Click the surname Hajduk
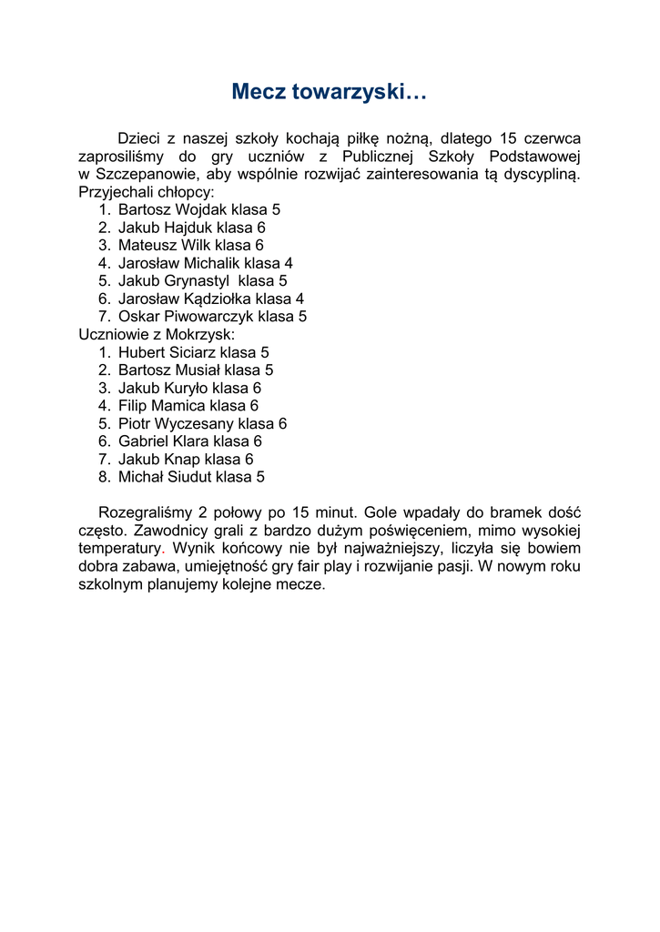[x=189, y=228]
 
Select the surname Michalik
[x=208, y=263]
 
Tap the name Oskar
[x=139, y=317]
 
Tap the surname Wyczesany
[x=193, y=423]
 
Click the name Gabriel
[x=146, y=441]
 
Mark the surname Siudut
[x=188, y=477]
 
